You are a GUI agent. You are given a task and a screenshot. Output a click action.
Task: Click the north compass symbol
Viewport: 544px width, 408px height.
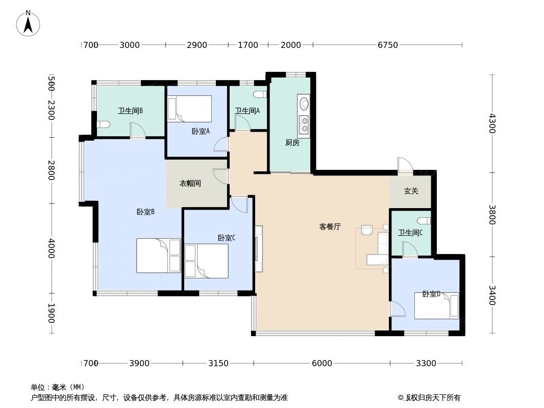29,22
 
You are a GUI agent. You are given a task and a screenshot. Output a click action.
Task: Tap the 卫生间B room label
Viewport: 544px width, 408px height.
130,111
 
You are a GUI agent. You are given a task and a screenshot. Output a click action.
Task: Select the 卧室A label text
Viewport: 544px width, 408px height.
201,131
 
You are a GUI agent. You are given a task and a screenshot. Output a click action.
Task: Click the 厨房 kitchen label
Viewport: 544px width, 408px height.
292,143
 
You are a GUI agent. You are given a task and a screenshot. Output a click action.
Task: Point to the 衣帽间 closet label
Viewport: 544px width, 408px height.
190,183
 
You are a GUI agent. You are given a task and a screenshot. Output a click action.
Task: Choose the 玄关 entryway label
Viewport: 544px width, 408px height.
411,191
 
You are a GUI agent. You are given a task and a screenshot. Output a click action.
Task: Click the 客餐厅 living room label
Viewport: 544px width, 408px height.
330,227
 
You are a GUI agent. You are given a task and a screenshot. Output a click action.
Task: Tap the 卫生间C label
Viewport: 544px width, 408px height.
410,233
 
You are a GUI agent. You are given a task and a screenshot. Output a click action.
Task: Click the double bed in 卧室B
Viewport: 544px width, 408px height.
158,255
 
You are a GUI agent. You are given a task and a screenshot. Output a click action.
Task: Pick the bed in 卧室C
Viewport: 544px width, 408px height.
206,261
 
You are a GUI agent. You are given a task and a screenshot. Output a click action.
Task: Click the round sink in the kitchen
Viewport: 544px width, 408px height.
304,104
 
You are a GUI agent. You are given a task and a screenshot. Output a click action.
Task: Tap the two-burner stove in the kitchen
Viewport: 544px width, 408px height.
304,125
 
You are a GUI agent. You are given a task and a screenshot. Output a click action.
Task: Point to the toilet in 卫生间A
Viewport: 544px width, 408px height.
260,94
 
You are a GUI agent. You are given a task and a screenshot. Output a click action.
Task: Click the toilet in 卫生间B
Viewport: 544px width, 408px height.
103,124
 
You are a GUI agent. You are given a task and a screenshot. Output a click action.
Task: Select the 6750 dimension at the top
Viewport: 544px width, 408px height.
387,45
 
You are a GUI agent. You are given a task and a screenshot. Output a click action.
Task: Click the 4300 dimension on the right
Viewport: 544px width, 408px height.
492,123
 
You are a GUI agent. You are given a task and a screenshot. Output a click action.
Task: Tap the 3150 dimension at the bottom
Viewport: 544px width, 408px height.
218,363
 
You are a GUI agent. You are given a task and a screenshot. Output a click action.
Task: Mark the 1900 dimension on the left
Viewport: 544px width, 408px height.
51,313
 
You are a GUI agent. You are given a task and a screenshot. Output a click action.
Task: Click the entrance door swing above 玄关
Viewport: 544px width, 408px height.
403,165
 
